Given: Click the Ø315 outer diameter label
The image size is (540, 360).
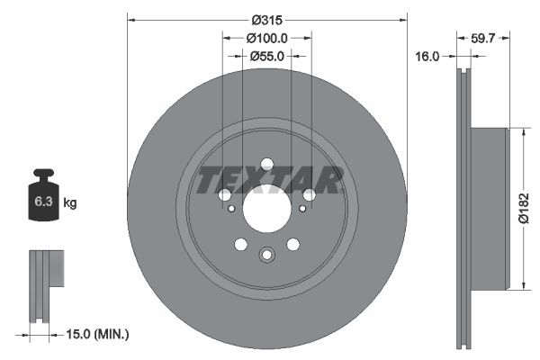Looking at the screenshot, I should tap(266, 19).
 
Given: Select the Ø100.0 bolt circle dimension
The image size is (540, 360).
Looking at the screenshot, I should tap(266, 38).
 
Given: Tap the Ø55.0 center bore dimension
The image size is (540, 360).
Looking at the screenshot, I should tap(266, 56).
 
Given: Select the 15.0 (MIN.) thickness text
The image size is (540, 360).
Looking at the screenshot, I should tap(99, 334).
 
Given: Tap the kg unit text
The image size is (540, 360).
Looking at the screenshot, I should tap(70, 203).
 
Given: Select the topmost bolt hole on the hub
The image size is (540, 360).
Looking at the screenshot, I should tap(266, 164).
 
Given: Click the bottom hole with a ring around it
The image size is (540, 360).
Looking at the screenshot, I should tap(266, 256).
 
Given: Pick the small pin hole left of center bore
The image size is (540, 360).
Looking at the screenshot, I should tap(232, 209).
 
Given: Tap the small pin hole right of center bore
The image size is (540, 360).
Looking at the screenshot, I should tap(301, 209).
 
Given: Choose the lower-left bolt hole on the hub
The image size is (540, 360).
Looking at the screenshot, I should tap(240, 245).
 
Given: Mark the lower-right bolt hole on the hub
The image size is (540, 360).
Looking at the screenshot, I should tap(292, 245).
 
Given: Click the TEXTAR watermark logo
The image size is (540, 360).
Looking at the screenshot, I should tap(269, 180).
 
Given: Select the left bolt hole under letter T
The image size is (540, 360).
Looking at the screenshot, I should tap(224, 194).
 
